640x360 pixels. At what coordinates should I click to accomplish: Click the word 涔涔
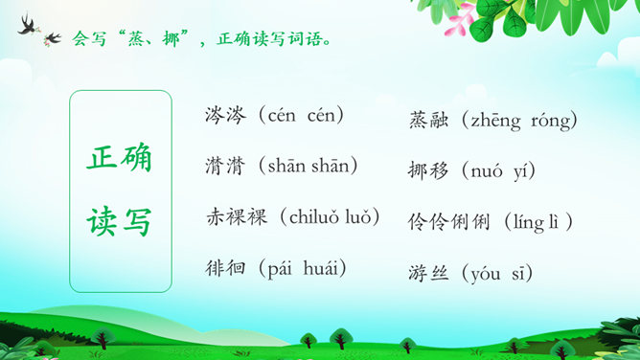[x=226, y=116]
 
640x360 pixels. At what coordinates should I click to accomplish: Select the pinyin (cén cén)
[x=301, y=116]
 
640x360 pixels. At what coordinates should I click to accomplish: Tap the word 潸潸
[x=225, y=166]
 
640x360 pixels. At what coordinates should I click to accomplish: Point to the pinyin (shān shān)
[x=308, y=166]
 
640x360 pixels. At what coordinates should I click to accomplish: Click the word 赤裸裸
[x=237, y=217]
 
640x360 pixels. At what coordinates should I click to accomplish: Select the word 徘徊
[x=225, y=268]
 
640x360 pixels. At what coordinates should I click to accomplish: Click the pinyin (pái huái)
[x=302, y=269]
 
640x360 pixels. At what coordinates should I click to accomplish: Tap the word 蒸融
[x=428, y=121]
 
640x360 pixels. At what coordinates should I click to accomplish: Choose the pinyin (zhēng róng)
[x=519, y=121]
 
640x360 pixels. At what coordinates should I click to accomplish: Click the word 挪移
[x=427, y=170]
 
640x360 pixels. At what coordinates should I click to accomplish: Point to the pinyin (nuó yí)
[x=498, y=171]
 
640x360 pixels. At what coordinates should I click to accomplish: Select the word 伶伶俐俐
[x=448, y=222]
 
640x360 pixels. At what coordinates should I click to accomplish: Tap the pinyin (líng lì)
[x=537, y=222]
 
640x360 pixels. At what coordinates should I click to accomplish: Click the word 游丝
[x=428, y=273]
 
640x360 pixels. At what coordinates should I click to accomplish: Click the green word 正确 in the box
[x=119, y=157]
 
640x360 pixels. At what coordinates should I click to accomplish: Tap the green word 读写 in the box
[x=119, y=221]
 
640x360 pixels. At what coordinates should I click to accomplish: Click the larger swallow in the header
[x=28, y=25]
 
